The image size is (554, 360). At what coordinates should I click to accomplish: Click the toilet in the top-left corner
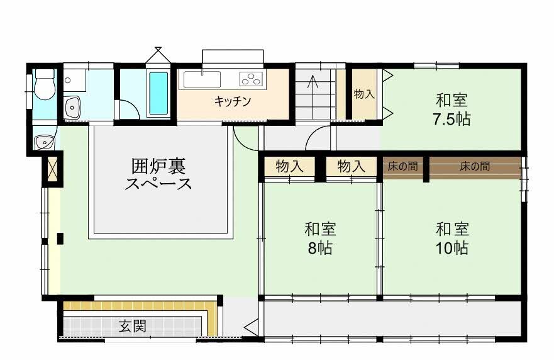point(45,84)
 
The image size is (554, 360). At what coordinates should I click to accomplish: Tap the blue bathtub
point(158,93)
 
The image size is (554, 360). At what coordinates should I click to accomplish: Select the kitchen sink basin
point(202,80)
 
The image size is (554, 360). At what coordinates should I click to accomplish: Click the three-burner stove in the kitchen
point(252,79)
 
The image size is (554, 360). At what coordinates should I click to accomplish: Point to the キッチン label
point(232,102)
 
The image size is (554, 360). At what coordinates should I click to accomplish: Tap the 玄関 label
point(133,325)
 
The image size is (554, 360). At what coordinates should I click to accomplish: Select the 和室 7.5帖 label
point(452,110)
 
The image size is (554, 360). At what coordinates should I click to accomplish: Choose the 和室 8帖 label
point(320,239)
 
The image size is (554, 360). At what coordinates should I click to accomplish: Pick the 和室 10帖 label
point(452,239)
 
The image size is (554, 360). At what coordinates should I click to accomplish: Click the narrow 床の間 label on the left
point(403,166)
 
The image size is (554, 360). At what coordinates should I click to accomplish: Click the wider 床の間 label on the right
point(475,166)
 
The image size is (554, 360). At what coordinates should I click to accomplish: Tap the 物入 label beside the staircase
point(364,94)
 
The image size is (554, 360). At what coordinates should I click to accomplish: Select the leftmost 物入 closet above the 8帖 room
point(289,166)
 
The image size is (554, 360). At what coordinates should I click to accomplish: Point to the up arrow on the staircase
point(313,81)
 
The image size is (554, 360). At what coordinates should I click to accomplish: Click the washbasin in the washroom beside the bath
point(73,108)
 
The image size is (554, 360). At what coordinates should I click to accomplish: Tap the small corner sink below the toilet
point(44,142)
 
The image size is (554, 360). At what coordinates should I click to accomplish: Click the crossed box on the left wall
point(52,169)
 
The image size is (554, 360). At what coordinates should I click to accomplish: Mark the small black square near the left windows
point(60,239)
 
